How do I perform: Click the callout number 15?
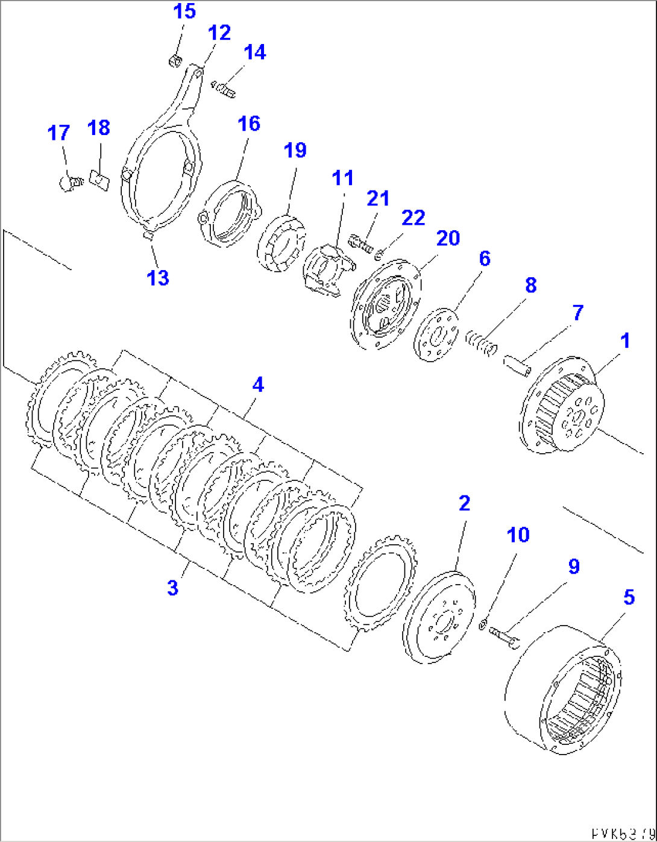[x=185, y=11]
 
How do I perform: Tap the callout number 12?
[x=219, y=33]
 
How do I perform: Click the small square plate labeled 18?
[x=98, y=180]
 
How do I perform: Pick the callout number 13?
[x=158, y=278]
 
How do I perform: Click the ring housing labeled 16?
[x=231, y=212]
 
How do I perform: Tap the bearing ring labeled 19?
[x=281, y=242]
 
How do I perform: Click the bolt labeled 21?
[x=360, y=244]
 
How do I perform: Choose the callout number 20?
[x=448, y=238]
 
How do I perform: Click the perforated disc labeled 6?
[x=436, y=335]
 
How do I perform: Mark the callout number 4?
[x=258, y=384]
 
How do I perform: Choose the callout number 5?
[x=629, y=597]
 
